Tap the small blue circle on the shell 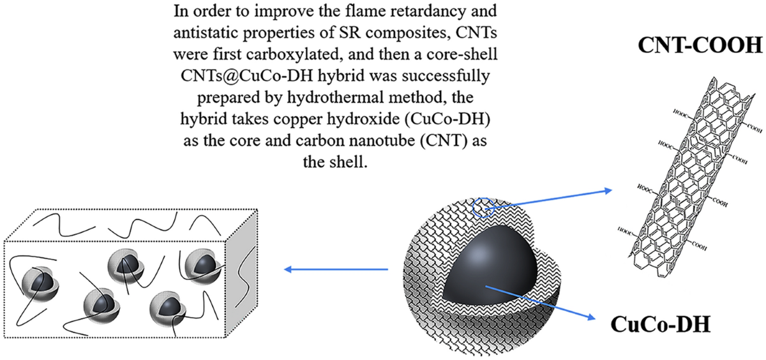(481, 207)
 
